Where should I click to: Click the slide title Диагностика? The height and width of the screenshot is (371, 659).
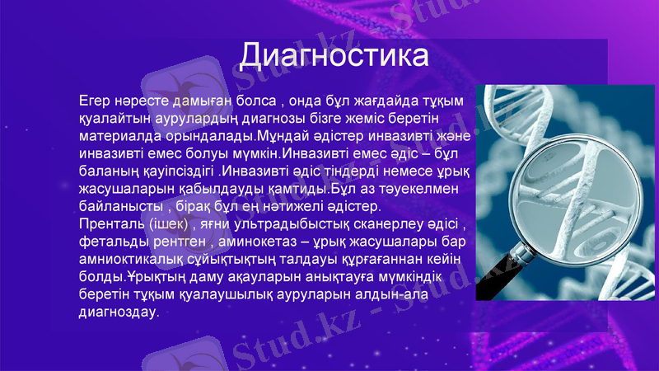point(334,57)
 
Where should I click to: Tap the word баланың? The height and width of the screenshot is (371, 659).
point(108,171)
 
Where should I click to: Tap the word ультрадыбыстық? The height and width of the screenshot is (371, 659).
point(287,224)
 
